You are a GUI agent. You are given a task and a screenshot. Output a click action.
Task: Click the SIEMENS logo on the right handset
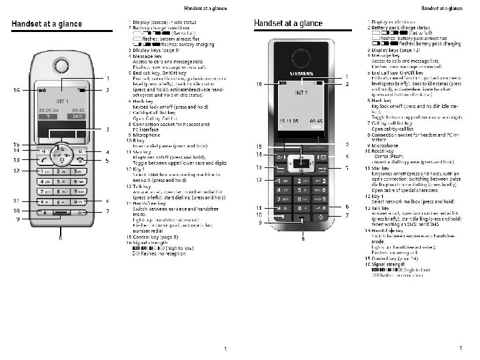point(301,68)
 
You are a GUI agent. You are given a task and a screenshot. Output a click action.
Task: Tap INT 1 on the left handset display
point(63,101)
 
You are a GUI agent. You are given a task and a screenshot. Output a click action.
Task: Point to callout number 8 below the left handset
point(61,237)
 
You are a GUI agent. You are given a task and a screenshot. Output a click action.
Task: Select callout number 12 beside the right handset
point(260,180)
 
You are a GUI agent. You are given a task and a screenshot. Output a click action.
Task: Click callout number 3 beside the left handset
point(108,129)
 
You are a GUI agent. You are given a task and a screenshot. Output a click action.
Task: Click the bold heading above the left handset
point(45,25)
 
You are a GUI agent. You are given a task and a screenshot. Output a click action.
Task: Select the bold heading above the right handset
point(288,23)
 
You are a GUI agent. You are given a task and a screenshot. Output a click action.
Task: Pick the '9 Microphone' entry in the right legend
point(387,145)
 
